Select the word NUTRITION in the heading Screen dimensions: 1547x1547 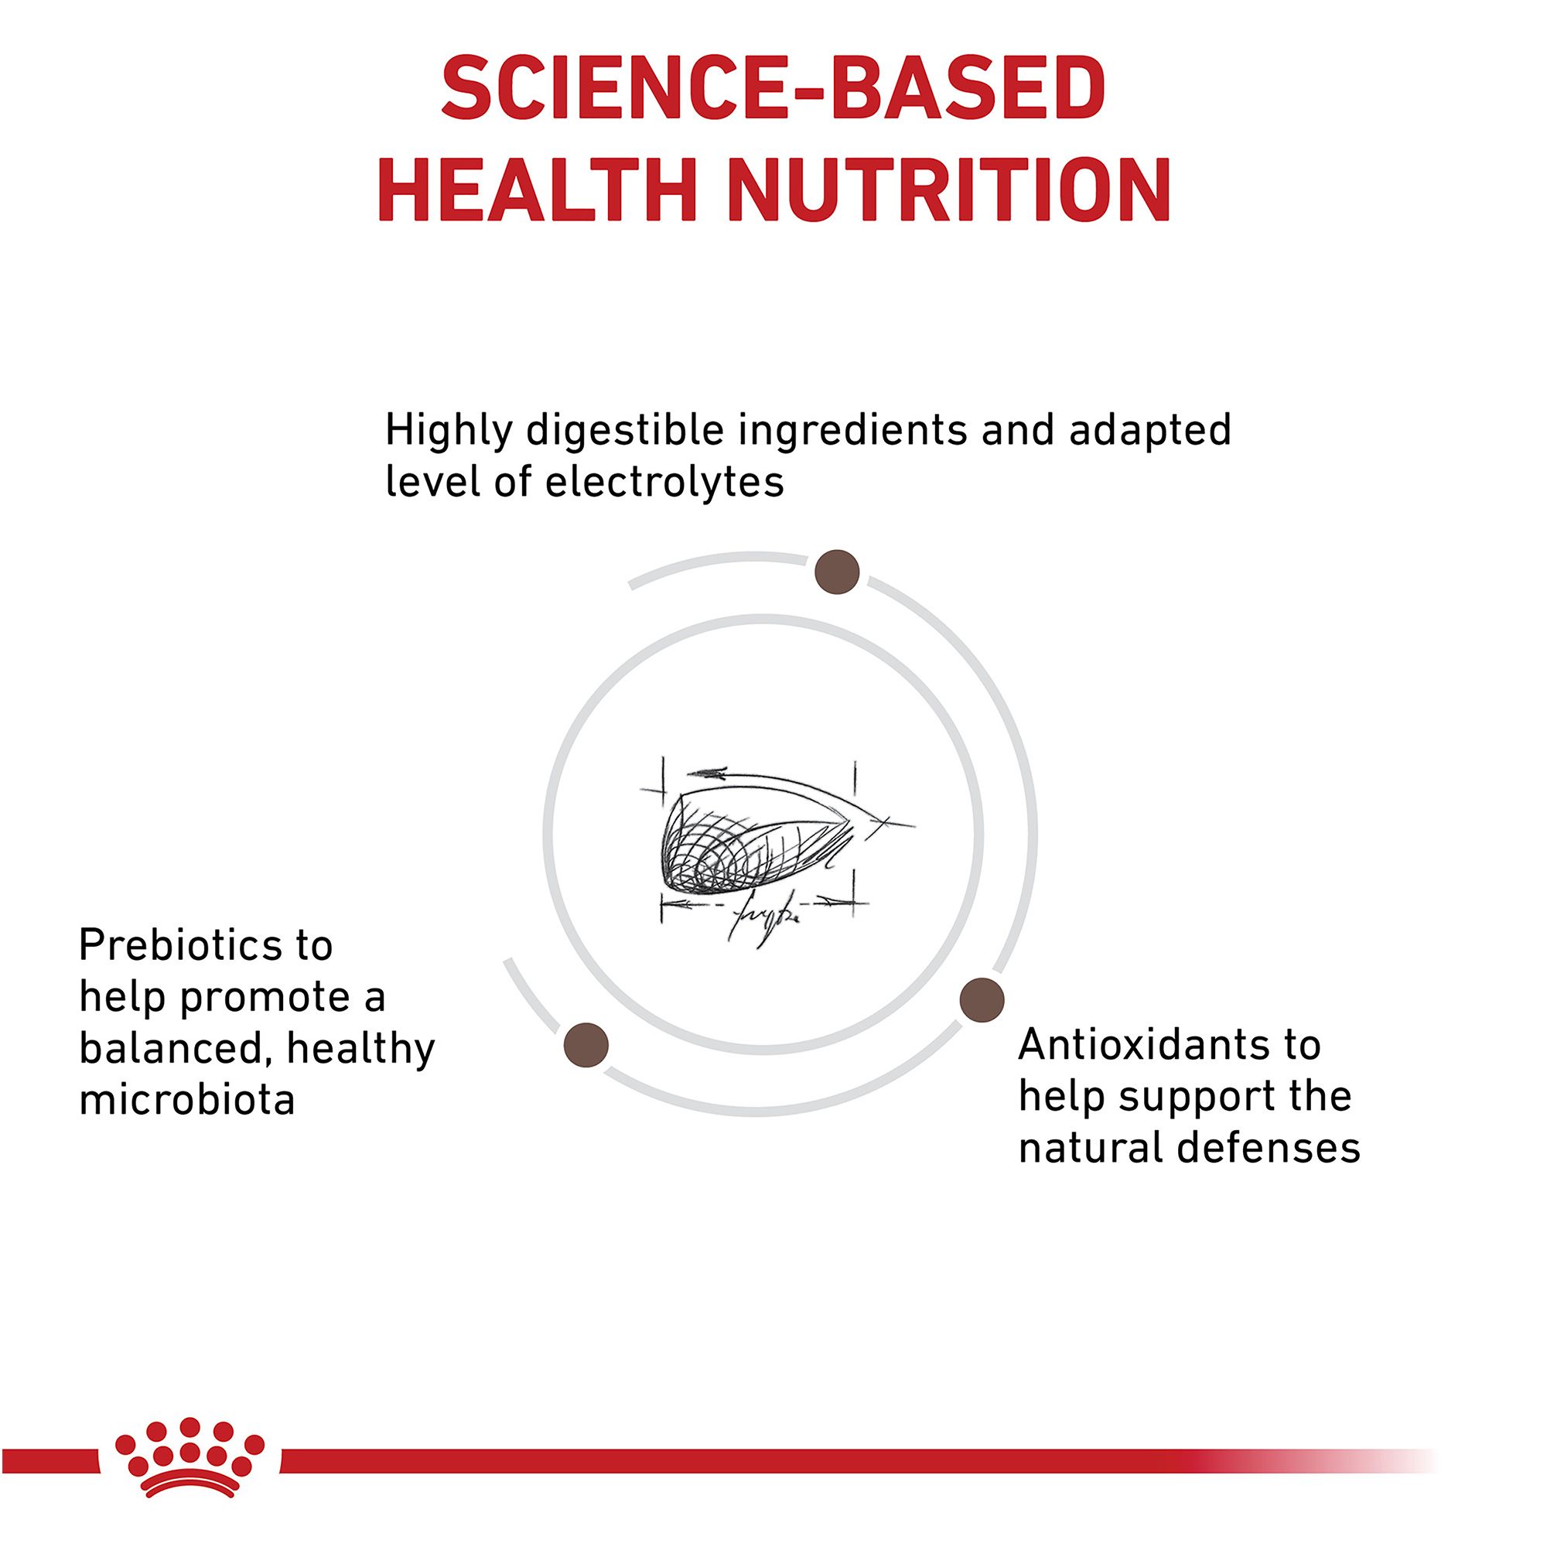coord(950,190)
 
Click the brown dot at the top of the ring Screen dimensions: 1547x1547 coord(837,572)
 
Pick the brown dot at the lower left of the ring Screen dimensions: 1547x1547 coord(586,1045)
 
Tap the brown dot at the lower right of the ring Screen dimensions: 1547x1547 coord(982,1000)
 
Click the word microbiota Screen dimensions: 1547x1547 coord(187,1099)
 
